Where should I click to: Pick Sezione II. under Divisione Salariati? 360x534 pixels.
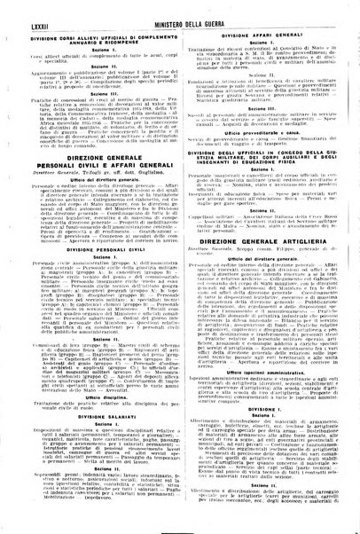point(98,483)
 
